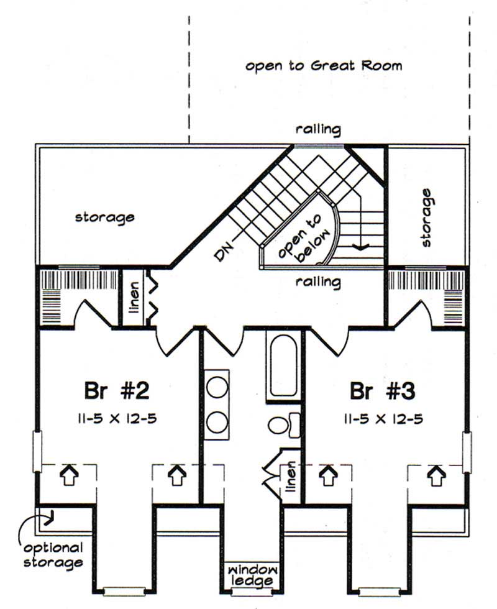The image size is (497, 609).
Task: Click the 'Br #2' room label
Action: [116, 391]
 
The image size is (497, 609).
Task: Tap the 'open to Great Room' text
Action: [323, 65]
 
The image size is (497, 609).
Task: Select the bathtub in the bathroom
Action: [283, 365]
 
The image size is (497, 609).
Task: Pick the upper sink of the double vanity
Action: [217, 388]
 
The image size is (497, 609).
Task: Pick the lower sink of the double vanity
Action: [217, 423]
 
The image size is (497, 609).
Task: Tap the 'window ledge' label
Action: [252, 575]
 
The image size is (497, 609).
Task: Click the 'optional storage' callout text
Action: [53, 556]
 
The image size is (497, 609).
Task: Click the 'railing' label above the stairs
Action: [318, 130]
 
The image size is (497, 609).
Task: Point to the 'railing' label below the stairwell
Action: [318, 282]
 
